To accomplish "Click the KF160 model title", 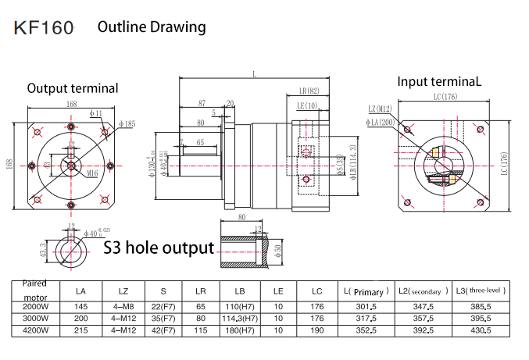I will [x=44, y=29].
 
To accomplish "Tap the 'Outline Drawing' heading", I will [x=152, y=27].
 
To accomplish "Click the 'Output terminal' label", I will [x=73, y=88].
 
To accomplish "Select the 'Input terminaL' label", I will [x=440, y=81].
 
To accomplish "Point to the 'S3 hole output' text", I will [x=159, y=248].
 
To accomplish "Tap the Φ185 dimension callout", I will [x=127, y=123].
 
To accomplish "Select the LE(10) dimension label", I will [x=306, y=105].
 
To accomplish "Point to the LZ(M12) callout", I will [x=381, y=109].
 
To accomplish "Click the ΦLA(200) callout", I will [x=380, y=121].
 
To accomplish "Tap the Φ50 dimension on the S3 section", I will [x=277, y=250].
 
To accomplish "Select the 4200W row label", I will [x=34, y=330].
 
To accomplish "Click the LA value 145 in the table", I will [x=80, y=306].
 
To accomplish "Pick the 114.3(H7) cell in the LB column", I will [x=239, y=318].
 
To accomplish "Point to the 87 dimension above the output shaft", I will [x=202, y=103].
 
